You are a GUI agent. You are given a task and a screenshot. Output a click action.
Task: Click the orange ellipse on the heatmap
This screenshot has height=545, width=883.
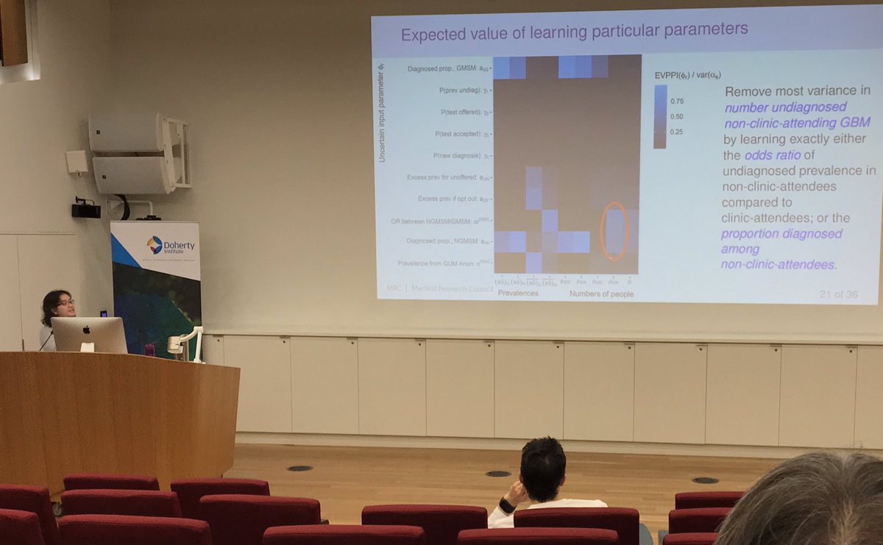[x=614, y=231]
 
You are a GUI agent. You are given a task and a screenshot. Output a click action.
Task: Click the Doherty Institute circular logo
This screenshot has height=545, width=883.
[x=155, y=245]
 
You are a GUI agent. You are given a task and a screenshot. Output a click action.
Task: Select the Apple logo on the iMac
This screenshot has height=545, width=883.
[x=88, y=334]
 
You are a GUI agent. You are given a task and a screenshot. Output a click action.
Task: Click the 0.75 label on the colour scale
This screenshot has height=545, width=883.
[x=676, y=101]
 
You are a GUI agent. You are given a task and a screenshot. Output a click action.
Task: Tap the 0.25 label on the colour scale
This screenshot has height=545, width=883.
[x=676, y=132]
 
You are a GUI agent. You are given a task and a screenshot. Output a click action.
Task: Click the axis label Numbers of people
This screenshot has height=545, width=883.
[x=601, y=294]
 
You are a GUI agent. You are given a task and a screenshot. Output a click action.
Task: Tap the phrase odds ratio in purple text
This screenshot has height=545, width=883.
[x=768, y=155]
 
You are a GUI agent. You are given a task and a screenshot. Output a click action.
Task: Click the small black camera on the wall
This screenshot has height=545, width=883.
[x=85, y=210]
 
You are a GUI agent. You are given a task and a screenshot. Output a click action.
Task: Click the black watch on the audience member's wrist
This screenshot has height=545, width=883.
[x=507, y=506]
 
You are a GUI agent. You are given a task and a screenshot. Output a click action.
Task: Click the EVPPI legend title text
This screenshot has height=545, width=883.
[x=687, y=74]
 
